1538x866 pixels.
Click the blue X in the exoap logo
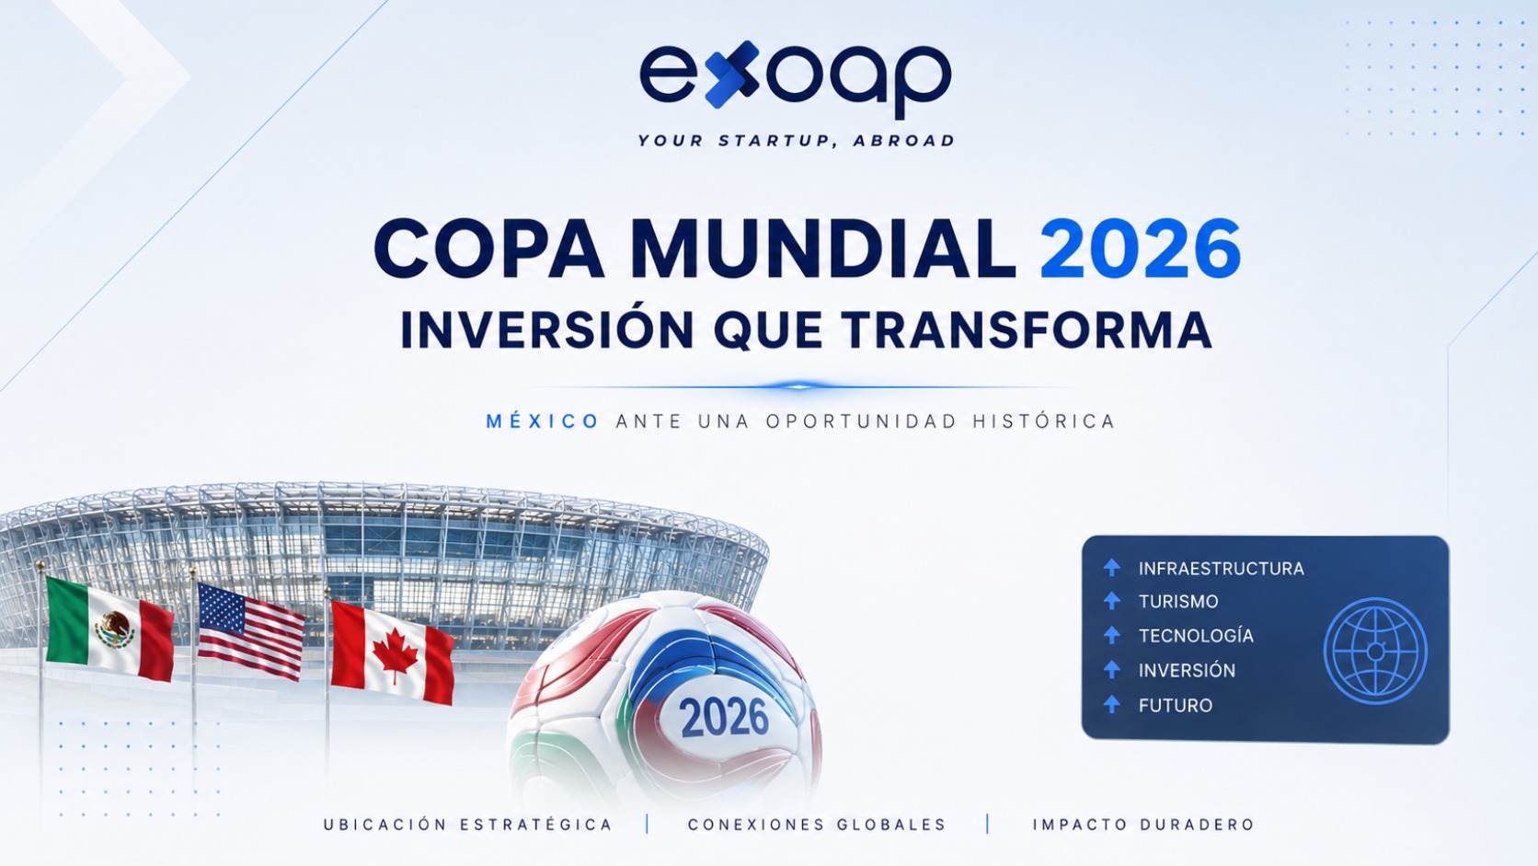pyautogui.click(x=732, y=75)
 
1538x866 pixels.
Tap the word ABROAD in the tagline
pyautogui.click(x=903, y=141)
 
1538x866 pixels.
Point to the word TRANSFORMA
pyautogui.click(x=1027, y=330)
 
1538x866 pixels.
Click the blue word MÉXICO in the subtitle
pyautogui.click(x=543, y=421)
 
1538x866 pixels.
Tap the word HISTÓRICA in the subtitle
pyautogui.click(x=1044, y=421)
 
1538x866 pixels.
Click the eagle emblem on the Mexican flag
pyautogui.click(x=115, y=629)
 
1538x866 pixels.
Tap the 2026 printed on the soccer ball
pyautogui.click(x=724, y=717)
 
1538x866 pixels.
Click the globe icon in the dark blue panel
pyautogui.click(x=1375, y=651)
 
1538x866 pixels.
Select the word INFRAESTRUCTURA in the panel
pyautogui.click(x=1221, y=569)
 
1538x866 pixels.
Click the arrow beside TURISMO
pyautogui.click(x=1111, y=601)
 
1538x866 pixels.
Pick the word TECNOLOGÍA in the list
pyautogui.click(x=1196, y=636)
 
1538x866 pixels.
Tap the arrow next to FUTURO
pyautogui.click(x=1111, y=704)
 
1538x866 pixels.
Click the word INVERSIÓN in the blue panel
pyautogui.click(x=1187, y=670)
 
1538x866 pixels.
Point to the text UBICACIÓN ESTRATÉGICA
pyautogui.click(x=467, y=824)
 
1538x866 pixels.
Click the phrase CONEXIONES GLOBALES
pyautogui.click(x=817, y=824)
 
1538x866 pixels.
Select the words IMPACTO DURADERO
pyautogui.click(x=1144, y=824)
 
